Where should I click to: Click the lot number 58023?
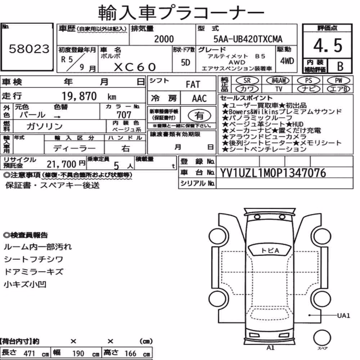(29, 49)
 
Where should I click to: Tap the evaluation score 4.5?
(328, 45)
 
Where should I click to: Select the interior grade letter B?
(340, 66)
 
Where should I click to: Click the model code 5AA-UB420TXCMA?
(248, 39)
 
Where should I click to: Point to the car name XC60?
(135, 67)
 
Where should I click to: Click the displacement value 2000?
(164, 39)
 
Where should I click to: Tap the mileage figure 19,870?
(79, 96)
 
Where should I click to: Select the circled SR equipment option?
(247, 80)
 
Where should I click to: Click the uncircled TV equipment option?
(279, 89)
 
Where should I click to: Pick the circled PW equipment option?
(338, 80)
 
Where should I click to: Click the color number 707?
(124, 114)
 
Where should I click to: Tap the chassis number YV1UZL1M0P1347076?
(273, 173)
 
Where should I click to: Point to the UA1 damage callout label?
(343, 315)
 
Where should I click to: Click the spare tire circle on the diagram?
(322, 338)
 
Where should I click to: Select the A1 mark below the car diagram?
(270, 348)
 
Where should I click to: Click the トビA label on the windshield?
(270, 251)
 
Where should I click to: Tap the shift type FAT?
(193, 85)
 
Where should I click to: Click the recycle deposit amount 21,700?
(61, 164)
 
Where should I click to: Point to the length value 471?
(29, 354)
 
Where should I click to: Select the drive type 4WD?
(287, 61)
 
